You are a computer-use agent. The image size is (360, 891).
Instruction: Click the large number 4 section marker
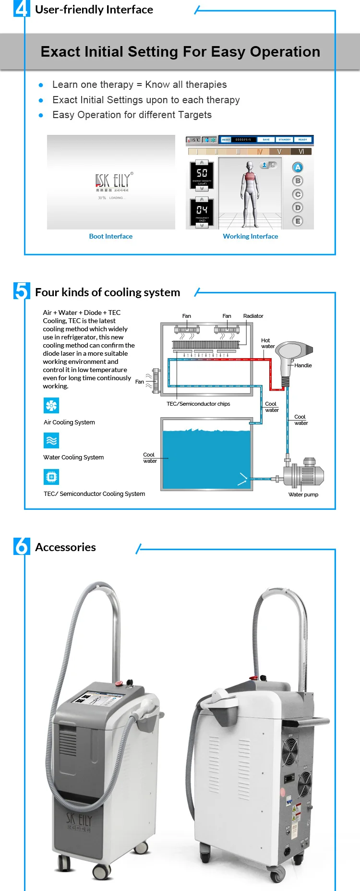point(21,9)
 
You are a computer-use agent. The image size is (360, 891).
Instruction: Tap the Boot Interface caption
point(111,236)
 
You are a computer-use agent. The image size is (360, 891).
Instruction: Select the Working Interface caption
point(250,236)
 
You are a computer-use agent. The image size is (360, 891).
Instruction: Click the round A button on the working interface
point(298,168)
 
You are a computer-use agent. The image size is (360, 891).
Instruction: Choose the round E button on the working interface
point(298,221)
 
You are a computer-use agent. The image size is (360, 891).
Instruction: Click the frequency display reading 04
point(202,210)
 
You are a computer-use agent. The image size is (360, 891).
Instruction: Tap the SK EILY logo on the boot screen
point(114,181)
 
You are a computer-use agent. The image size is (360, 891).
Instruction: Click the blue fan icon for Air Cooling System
point(51,406)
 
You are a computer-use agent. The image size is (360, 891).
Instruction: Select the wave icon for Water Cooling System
point(51,441)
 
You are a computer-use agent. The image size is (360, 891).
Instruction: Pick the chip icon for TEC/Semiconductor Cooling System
point(51,477)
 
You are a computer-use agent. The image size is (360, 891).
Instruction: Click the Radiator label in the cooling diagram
point(253,316)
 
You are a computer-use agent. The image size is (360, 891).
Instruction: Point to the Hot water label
point(267,343)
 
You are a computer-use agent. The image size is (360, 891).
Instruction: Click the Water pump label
point(303,494)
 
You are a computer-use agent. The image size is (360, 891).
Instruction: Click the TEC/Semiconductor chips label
point(198,404)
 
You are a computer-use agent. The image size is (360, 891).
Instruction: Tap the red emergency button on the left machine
point(130,682)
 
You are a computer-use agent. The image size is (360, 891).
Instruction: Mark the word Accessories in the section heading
point(65,547)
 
